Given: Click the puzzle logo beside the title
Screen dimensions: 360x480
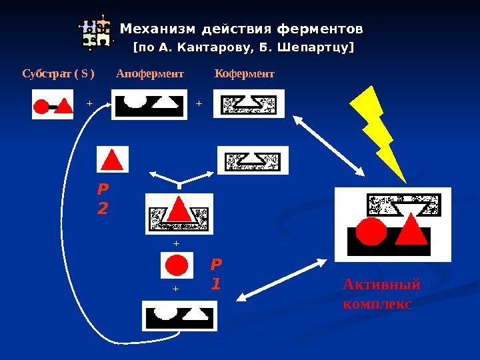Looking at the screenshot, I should [95, 32].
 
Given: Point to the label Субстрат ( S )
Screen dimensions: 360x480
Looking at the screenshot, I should [59, 73].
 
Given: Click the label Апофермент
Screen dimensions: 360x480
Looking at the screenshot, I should [150, 73].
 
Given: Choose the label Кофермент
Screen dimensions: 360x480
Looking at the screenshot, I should [245, 73].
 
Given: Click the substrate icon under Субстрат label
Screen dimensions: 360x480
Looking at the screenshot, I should [53, 105].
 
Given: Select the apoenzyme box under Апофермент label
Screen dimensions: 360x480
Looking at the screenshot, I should [149, 104].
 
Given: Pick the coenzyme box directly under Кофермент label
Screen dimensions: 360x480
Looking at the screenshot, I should [249, 103].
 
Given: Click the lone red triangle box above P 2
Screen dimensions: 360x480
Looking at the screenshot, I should [113, 159].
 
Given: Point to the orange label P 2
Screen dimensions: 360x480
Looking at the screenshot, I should [102, 201].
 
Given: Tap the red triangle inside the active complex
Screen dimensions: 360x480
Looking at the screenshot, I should [412, 231].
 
